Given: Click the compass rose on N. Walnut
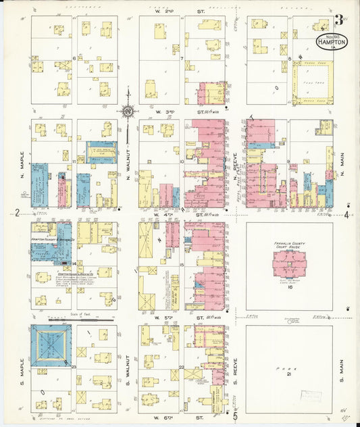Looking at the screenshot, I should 128,111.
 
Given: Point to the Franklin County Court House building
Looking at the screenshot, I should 289,263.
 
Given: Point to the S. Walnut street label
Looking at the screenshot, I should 128,368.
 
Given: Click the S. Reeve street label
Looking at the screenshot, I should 236,368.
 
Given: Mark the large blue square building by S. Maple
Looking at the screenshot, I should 51,345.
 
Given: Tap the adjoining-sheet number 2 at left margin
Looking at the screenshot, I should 16,214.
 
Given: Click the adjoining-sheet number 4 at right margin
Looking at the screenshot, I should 346,215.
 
